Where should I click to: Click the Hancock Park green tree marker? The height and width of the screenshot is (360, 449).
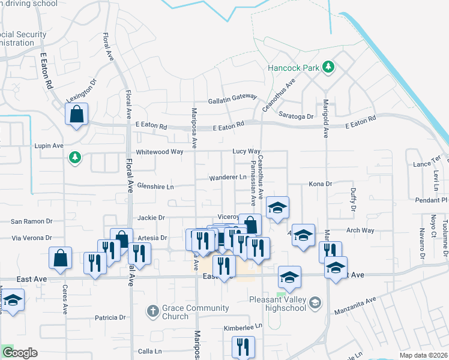click(x=328, y=67)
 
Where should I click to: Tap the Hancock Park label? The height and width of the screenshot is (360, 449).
click(x=294, y=68)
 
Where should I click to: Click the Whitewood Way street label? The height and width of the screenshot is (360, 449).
click(x=159, y=152)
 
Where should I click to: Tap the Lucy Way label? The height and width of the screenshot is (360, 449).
click(x=246, y=152)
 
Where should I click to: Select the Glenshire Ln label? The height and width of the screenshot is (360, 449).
click(x=155, y=187)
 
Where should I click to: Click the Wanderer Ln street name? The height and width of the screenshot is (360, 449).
click(x=228, y=178)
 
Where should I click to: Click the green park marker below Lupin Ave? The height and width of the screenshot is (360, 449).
click(x=74, y=158)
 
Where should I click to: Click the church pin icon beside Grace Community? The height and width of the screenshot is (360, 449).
click(x=152, y=311)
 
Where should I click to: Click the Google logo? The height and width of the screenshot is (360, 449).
click(x=20, y=353)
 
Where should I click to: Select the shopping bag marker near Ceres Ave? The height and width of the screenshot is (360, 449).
click(x=60, y=259)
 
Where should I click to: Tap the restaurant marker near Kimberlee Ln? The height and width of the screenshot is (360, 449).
click(x=243, y=347)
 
